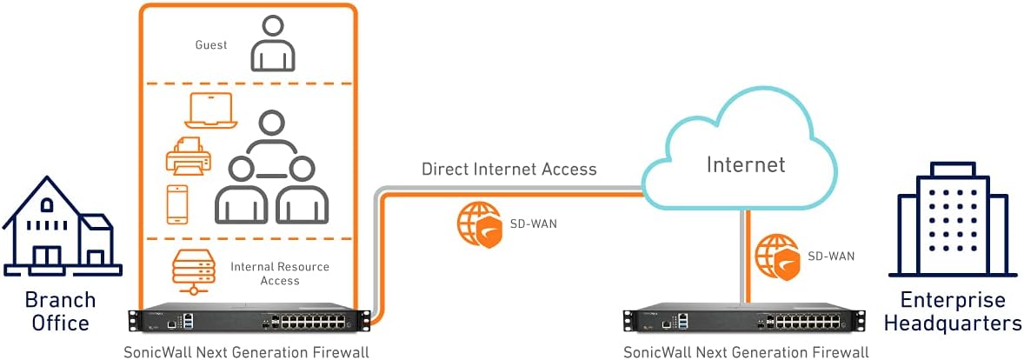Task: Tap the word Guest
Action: tap(211, 44)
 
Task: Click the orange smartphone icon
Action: tap(177, 203)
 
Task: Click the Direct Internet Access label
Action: tap(509, 169)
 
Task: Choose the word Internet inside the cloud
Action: tap(745, 164)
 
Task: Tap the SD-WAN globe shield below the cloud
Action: tap(776, 256)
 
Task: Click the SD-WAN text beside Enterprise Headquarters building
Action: tap(831, 256)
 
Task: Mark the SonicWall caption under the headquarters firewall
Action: tap(746, 352)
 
